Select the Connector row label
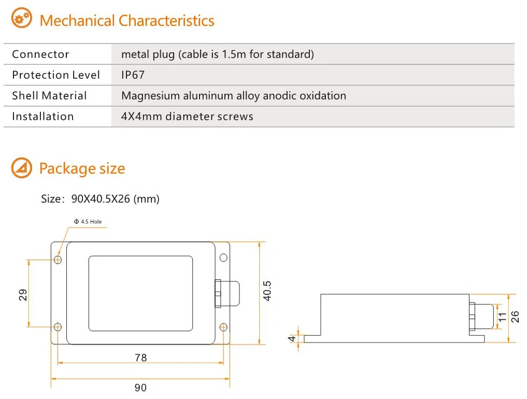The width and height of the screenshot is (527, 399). (40, 54)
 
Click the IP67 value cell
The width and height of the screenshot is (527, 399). (133, 75)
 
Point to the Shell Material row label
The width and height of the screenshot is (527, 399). (49, 96)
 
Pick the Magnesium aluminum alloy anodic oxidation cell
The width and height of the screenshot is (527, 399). (233, 96)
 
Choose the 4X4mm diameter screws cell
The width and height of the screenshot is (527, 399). (187, 117)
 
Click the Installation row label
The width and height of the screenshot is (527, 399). (43, 117)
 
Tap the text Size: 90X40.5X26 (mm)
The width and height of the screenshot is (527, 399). (101, 199)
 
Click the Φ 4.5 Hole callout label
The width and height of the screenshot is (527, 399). (88, 222)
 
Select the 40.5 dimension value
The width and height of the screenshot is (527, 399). (267, 291)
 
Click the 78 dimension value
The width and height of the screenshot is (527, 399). (140, 358)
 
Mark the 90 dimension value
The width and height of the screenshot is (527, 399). (140, 388)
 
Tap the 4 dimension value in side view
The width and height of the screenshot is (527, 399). (292, 339)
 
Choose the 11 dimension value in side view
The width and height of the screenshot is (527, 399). (502, 317)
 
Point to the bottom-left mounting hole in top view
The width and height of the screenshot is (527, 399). (58, 326)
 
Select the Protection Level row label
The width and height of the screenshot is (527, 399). (56, 75)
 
